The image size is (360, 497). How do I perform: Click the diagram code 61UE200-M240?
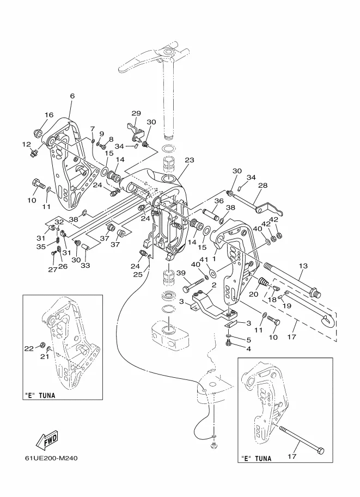[51, 458]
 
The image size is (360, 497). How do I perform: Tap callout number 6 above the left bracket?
[72, 96]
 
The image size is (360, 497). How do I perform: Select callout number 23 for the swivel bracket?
[190, 161]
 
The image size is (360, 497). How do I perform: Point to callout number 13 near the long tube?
[303, 266]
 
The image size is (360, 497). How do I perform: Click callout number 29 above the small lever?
[136, 113]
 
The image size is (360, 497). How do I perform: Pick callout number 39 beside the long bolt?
[181, 273]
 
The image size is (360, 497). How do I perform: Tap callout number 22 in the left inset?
[29, 348]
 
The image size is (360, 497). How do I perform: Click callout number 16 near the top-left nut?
[49, 115]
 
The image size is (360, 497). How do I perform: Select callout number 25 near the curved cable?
[138, 274]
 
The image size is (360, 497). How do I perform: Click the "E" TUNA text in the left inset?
[40, 396]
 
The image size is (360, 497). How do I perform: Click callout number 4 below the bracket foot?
[248, 348]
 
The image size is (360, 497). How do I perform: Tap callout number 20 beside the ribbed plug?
[253, 294]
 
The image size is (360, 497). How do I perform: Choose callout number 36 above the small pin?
[219, 201]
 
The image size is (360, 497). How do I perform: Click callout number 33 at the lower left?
[86, 266]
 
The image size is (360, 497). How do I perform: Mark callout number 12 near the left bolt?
[26, 144]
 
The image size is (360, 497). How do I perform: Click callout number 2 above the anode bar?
[214, 285]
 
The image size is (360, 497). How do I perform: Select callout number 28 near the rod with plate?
[263, 186]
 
